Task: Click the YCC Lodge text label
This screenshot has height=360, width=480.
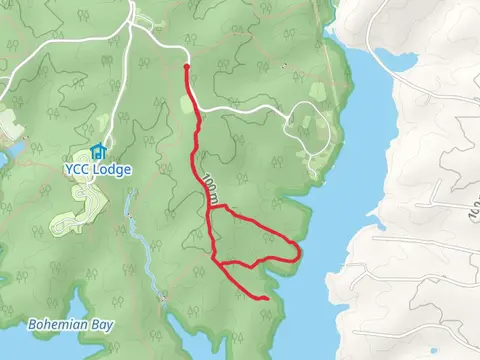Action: pos(98,169)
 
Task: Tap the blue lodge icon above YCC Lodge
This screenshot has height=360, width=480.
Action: pos(98,152)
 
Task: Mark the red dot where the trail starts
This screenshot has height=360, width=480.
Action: pos(187,67)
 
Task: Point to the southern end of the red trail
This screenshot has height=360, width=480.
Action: pos(265,298)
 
